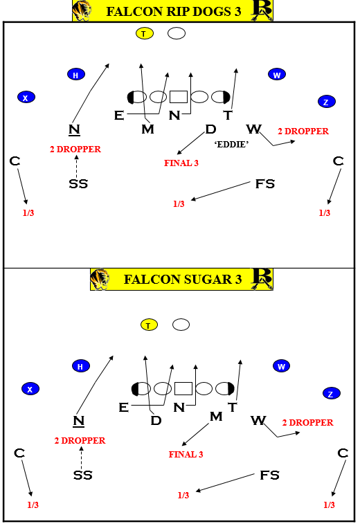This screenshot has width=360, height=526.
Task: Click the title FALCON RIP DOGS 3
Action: (x=174, y=11)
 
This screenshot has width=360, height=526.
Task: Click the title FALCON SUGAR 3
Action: (x=183, y=279)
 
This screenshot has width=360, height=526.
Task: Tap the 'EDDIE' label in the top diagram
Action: (x=231, y=144)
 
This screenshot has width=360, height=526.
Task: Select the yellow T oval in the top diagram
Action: (x=144, y=33)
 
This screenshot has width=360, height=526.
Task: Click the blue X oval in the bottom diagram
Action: (x=30, y=389)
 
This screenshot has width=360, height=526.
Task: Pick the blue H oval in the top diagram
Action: (x=76, y=75)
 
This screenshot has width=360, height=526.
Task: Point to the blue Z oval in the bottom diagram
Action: (x=332, y=394)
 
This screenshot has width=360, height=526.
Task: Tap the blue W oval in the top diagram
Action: (x=277, y=75)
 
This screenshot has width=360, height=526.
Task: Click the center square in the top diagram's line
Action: (x=179, y=97)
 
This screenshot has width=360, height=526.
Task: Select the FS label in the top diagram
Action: (x=265, y=184)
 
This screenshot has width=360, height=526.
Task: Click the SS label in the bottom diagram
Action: (x=82, y=475)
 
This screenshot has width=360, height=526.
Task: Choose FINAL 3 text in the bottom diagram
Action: (x=186, y=455)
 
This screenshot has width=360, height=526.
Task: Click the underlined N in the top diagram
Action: (x=74, y=129)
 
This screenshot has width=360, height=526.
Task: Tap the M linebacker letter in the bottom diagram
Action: (x=216, y=417)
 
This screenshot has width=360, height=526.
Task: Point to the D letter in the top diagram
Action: (x=210, y=129)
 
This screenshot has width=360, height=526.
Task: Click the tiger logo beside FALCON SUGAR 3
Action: (x=100, y=279)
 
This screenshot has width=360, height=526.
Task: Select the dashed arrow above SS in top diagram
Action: (x=76, y=166)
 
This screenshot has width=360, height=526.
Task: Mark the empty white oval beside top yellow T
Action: (x=177, y=33)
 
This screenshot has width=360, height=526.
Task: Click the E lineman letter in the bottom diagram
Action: (x=123, y=408)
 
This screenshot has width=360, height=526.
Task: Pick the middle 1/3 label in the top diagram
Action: (x=179, y=204)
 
